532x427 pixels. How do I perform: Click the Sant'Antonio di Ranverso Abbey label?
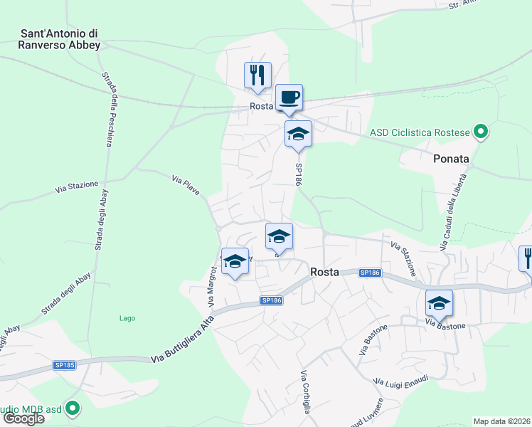click(x=60, y=38)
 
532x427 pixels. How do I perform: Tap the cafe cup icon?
click(x=289, y=97)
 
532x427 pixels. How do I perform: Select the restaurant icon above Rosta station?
click(x=257, y=75)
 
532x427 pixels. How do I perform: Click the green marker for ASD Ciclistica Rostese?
click(x=481, y=132)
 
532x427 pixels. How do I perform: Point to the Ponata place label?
click(x=451, y=159)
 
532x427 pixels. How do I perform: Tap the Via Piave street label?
click(x=186, y=186)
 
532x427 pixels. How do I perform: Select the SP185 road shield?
click(x=65, y=365)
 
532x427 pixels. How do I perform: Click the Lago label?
click(x=127, y=318)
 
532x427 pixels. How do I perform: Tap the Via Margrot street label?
click(x=211, y=286)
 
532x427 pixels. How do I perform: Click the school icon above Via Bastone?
click(x=440, y=303)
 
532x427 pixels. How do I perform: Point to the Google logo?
click(x=23, y=418)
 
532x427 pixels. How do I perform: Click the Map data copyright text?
click(x=502, y=421)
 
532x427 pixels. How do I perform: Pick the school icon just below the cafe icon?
click(x=298, y=134)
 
